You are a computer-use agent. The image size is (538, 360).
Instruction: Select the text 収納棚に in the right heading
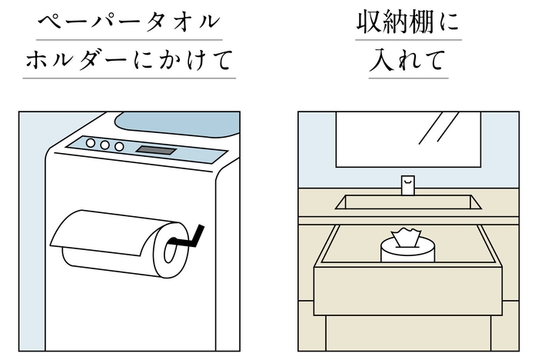(408, 23)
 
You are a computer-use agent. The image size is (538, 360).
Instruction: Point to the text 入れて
(408, 61)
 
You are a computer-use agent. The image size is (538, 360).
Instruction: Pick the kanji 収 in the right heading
(368, 23)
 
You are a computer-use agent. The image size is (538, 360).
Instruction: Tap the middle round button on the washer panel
(105, 145)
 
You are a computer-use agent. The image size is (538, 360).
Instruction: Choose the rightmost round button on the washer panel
(119, 146)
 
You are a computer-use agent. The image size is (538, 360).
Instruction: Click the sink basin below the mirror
(407, 203)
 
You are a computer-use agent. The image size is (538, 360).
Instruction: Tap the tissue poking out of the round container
(407, 238)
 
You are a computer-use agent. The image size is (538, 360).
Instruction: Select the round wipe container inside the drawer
(407, 252)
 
